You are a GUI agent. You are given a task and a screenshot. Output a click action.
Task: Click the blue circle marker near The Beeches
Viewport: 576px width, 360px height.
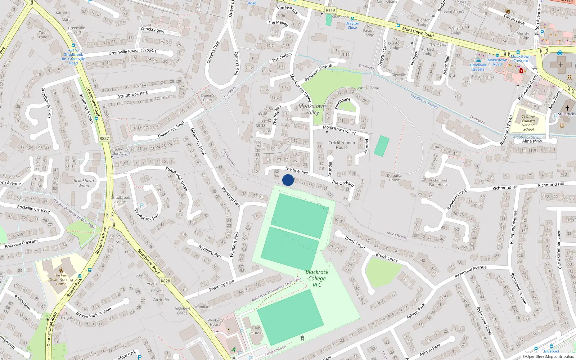pyautogui.click(x=288, y=180)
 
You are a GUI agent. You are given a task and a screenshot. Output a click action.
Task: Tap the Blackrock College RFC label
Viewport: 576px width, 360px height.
pyautogui.click(x=317, y=278)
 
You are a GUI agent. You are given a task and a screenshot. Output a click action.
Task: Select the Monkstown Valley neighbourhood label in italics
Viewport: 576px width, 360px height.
pyautogui.click(x=312, y=109)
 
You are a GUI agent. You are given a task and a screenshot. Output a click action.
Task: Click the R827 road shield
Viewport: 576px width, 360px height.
pyautogui.click(x=104, y=138)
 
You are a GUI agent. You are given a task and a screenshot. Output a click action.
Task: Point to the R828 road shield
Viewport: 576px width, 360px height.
pyautogui.click(x=165, y=281)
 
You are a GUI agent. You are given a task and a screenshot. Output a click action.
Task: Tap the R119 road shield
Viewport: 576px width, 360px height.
pyautogui.click(x=330, y=10)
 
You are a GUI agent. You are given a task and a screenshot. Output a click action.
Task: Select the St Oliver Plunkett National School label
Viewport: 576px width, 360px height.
pyautogui.click(x=528, y=123)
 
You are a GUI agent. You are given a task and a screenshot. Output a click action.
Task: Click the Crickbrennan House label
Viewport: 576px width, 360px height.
pyautogui.click(x=342, y=145)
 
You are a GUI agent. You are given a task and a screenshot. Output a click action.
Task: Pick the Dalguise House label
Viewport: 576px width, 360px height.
pyautogui.click(x=394, y=178)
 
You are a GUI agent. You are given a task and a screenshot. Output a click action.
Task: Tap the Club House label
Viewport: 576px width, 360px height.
pyautogui.click(x=256, y=330)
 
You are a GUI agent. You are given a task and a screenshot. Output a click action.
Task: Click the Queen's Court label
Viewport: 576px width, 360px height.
pyautogui.click(x=208, y=98)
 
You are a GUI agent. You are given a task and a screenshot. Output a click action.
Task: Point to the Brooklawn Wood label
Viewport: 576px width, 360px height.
pyautogui.click(x=84, y=183)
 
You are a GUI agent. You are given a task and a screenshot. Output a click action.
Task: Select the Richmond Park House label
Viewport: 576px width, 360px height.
pyautogui.click(x=438, y=183)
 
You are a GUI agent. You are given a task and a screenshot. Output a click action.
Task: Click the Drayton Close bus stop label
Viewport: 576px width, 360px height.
pyautogui.click(x=352, y=26)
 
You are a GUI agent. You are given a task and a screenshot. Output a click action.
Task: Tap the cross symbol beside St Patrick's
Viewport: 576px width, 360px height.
pyautogui.click(x=567, y=108)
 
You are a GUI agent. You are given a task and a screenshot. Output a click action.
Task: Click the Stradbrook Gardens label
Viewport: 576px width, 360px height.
pyautogui.click(x=119, y=151)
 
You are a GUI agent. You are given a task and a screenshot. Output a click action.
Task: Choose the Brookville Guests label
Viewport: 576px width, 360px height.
pyautogui.click(x=478, y=67)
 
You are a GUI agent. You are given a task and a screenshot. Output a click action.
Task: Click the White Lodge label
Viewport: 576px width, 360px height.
pyautogui.click(x=368, y=88)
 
